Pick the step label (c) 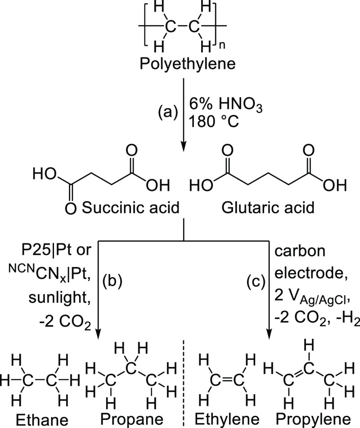pos(255,283)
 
